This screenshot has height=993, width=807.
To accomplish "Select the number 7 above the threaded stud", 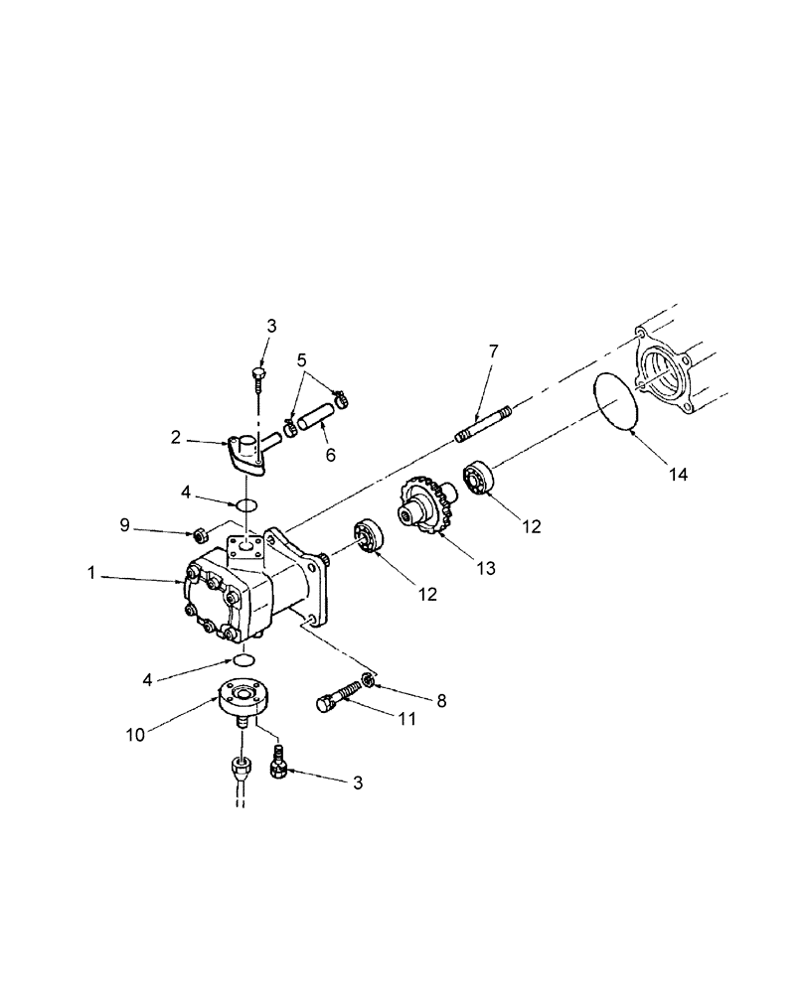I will click(x=493, y=352).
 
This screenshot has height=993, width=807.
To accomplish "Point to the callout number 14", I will click(x=677, y=476).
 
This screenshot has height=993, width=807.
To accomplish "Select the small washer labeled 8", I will click(x=368, y=679).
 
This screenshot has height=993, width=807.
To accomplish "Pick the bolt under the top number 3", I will click(x=257, y=380).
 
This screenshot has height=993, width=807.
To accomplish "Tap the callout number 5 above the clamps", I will click(x=303, y=359).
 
